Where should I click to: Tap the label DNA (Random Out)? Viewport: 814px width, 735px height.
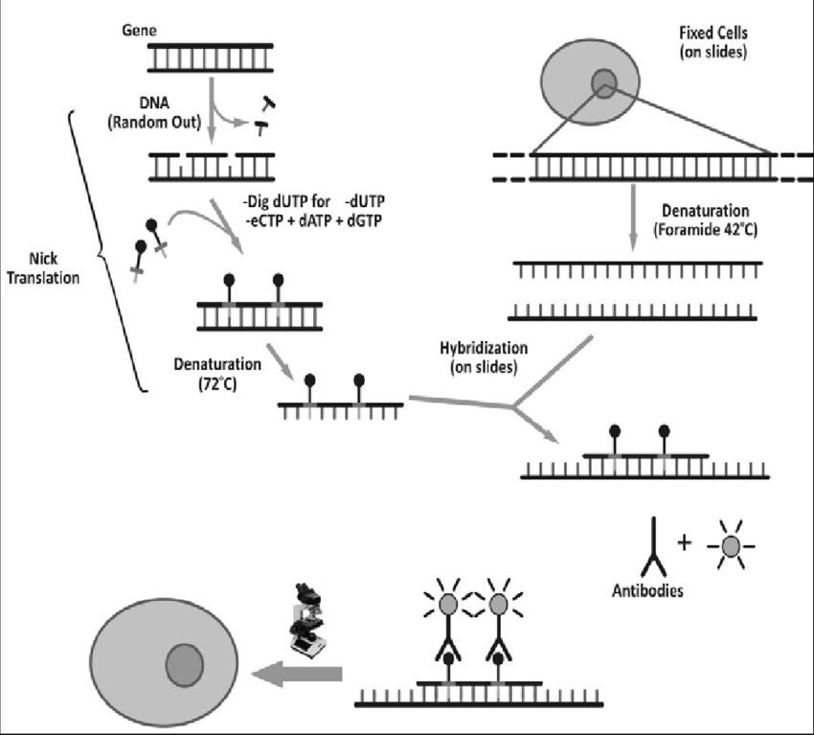[166, 106]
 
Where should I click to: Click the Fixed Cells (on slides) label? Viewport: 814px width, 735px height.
[703, 39]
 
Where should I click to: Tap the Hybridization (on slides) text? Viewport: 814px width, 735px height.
[478, 355]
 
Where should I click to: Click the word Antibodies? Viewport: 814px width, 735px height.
[648, 591]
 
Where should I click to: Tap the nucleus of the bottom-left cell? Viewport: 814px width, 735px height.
[184, 663]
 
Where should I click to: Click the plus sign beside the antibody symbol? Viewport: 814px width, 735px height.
[684, 542]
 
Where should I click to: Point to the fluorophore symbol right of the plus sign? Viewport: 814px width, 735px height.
[731, 546]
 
